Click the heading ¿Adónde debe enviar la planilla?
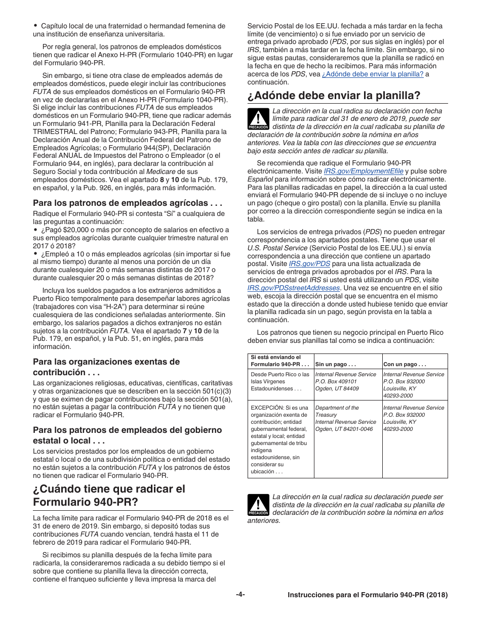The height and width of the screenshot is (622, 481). (x=334, y=95)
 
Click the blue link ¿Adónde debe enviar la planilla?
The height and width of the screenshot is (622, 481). (x=372, y=74)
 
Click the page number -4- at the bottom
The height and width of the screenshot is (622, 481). (x=240, y=595)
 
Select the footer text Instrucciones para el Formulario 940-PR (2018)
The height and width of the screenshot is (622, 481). (x=367, y=595)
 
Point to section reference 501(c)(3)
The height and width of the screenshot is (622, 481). (x=216, y=390)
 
